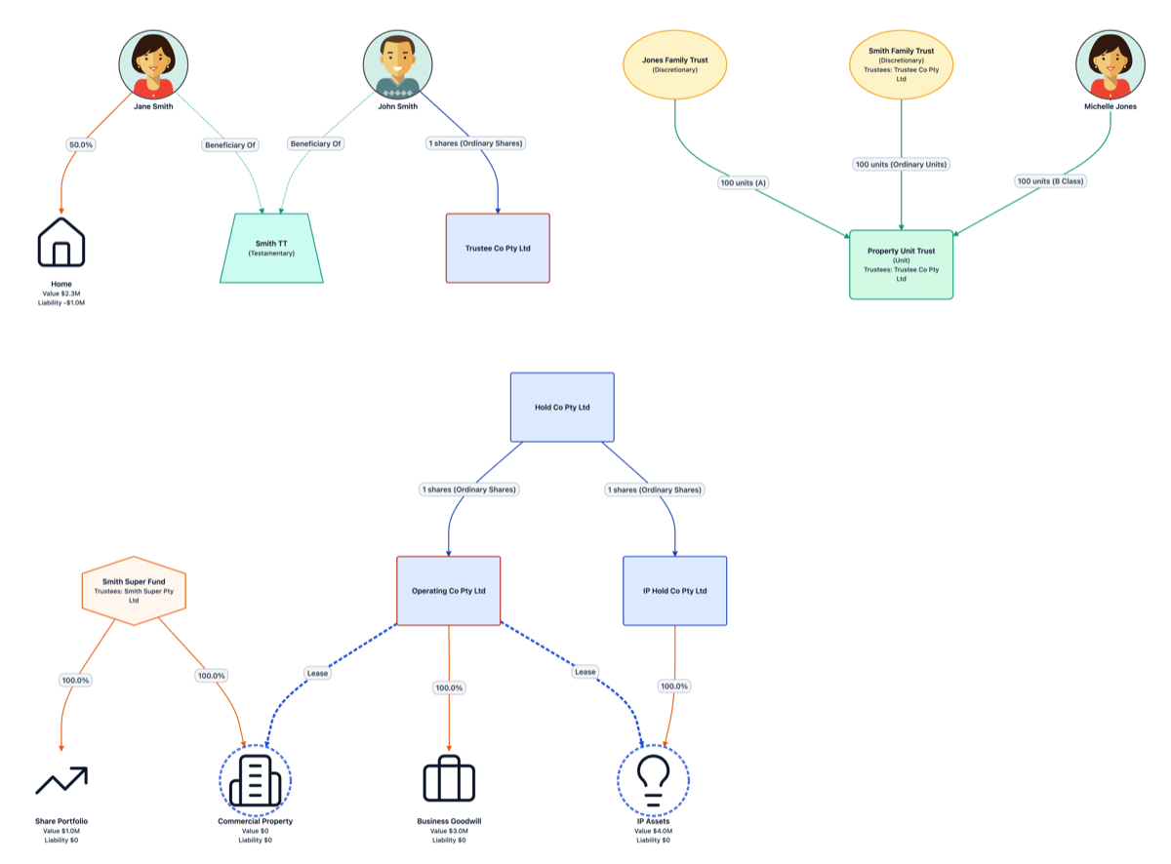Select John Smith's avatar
[397, 64]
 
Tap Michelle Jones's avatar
[1110, 64]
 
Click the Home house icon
[61, 242]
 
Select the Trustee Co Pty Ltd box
[498, 249]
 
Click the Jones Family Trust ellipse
[675, 64]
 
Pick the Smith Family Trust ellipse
[901, 64]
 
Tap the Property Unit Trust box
[901, 264]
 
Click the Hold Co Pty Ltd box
[562, 407]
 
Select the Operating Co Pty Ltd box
[449, 591]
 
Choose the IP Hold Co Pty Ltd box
[675, 591]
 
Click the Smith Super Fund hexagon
[134, 590]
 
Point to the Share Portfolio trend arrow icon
[61, 780]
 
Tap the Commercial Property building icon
[255, 781]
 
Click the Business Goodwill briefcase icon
[449, 780]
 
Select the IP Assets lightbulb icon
[653, 781]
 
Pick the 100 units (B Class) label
[1051, 181]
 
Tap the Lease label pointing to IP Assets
[585, 672]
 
